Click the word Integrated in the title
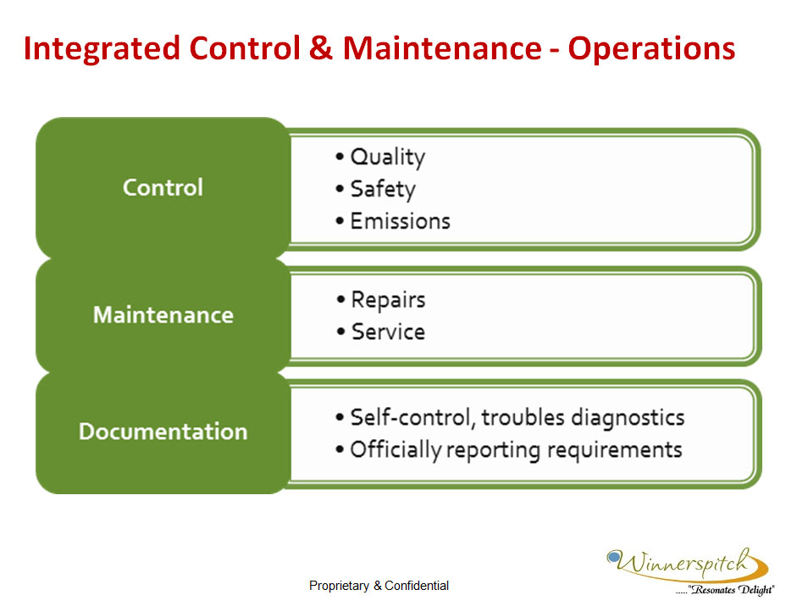click(102, 49)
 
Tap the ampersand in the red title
click(321, 48)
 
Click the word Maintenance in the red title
click(442, 48)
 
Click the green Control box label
click(163, 187)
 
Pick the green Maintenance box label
click(163, 315)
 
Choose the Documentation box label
click(163, 431)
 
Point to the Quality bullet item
click(387, 157)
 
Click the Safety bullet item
click(383, 189)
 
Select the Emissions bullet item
click(400, 220)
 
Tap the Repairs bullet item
click(388, 300)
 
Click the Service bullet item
click(388, 332)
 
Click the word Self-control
click(412, 418)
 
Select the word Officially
click(395, 450)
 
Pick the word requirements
click(615, 450)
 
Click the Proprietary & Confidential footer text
click(379, 586)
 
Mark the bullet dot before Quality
click(340, 157)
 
